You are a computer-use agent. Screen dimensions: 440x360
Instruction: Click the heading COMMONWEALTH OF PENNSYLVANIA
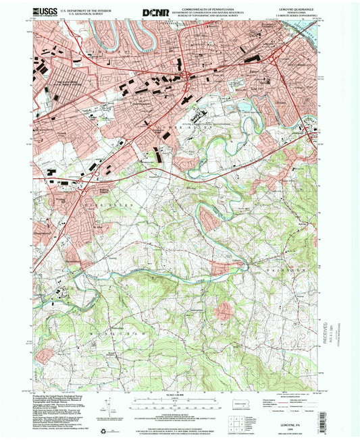coord(209,7)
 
